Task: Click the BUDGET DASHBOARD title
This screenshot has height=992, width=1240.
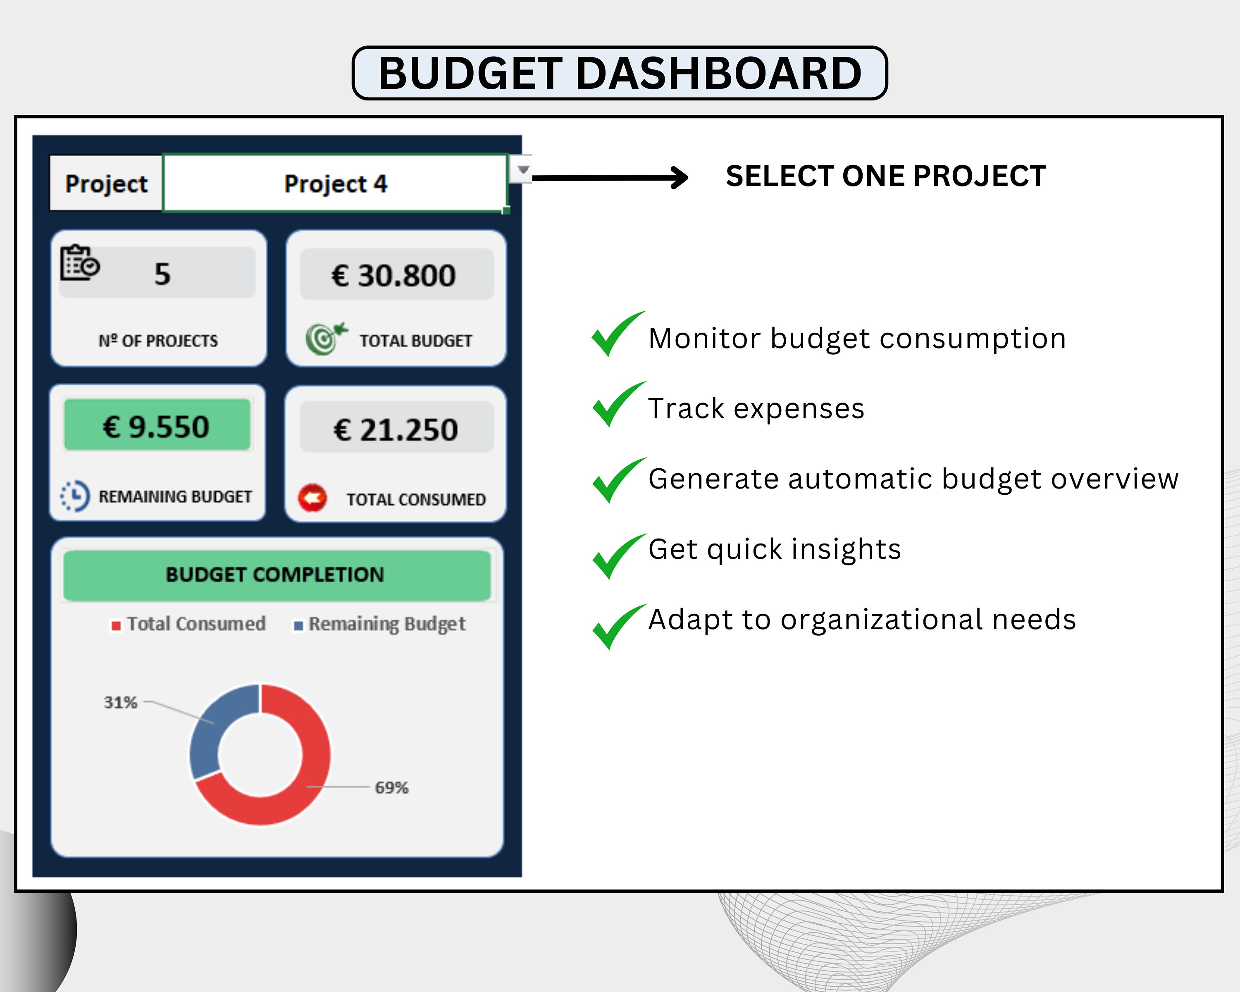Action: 620,73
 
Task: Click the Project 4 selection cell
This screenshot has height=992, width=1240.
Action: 335,184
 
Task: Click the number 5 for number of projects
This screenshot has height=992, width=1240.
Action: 162,273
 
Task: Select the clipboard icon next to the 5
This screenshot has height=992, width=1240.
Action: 79,263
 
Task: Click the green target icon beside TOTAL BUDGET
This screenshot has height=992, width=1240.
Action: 326,338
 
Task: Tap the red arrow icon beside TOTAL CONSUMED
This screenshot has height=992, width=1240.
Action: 312,498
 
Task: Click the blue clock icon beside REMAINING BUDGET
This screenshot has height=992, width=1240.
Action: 75,496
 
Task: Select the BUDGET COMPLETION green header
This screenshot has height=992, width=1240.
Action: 276,575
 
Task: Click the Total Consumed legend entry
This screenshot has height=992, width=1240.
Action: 188,624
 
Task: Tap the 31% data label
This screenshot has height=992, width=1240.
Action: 120,702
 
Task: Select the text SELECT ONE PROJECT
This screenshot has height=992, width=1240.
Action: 885,176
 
